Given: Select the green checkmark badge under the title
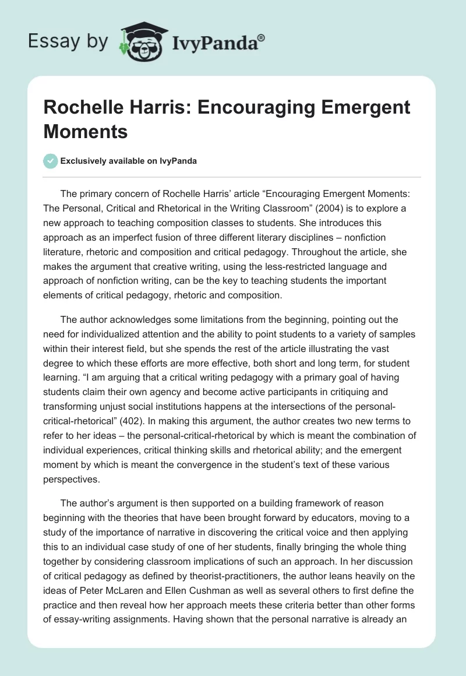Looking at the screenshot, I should pos(51,161).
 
